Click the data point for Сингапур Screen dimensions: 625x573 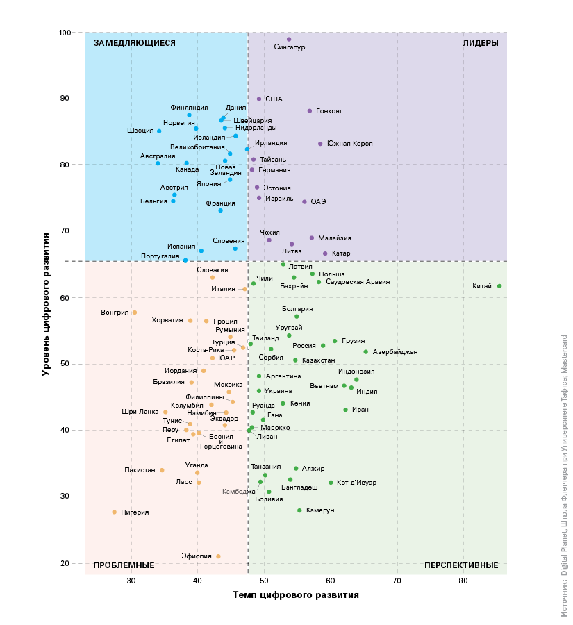(x=289, y=40)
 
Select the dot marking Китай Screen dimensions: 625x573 (x=499, y=286)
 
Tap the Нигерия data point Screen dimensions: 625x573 (x=115, y=512)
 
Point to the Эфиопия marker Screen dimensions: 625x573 (x=218, y=556)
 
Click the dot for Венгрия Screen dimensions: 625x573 (x=135, y=312)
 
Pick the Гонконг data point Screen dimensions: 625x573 (x=310, y=111)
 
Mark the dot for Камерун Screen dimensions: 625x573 (x=299, y=510)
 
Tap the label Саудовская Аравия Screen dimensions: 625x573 (x=358, y=282)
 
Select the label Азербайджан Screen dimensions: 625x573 (x=395, y=352)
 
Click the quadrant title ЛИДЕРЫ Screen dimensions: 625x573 (x=481, y=43)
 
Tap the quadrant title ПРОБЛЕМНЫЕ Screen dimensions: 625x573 (x=124, y=565)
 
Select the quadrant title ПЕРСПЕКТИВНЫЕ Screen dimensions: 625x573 (x=461, y=565)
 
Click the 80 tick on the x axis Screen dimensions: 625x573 (x=463, y=581)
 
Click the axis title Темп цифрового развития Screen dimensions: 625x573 (x=295, y=595)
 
